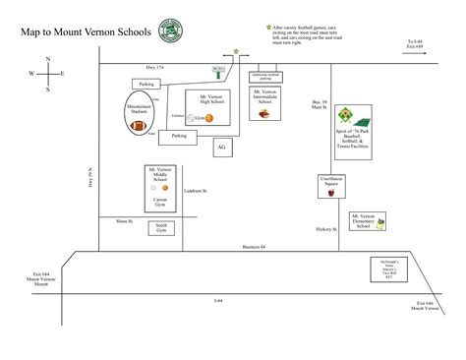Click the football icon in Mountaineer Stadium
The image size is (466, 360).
coord(138,125)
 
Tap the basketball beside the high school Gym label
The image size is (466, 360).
coord(209,118)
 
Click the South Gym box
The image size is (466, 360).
coord(161,228)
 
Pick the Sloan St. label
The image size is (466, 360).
coord(124,220)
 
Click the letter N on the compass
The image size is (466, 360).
coord(47,59)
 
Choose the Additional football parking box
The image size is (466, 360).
coord(267,75)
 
